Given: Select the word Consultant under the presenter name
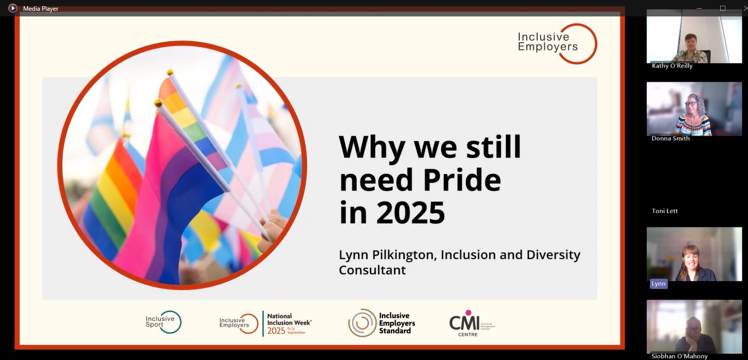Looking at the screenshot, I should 372,270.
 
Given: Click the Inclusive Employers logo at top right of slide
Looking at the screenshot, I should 557,43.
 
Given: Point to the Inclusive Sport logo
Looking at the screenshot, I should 163,322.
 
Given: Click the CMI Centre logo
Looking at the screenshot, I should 471,323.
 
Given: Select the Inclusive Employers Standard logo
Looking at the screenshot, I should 382,323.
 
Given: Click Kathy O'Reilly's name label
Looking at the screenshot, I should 672,66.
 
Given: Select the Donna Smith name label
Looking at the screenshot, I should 670,138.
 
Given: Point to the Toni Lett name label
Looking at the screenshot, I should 665,211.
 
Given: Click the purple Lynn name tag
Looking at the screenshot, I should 658,283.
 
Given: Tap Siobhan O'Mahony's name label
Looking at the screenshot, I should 679,356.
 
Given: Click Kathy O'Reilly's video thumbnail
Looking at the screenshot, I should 694,36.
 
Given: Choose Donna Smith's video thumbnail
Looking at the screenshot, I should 694,108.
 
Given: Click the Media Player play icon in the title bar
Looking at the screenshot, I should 13,8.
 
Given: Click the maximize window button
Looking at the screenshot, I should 723,8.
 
